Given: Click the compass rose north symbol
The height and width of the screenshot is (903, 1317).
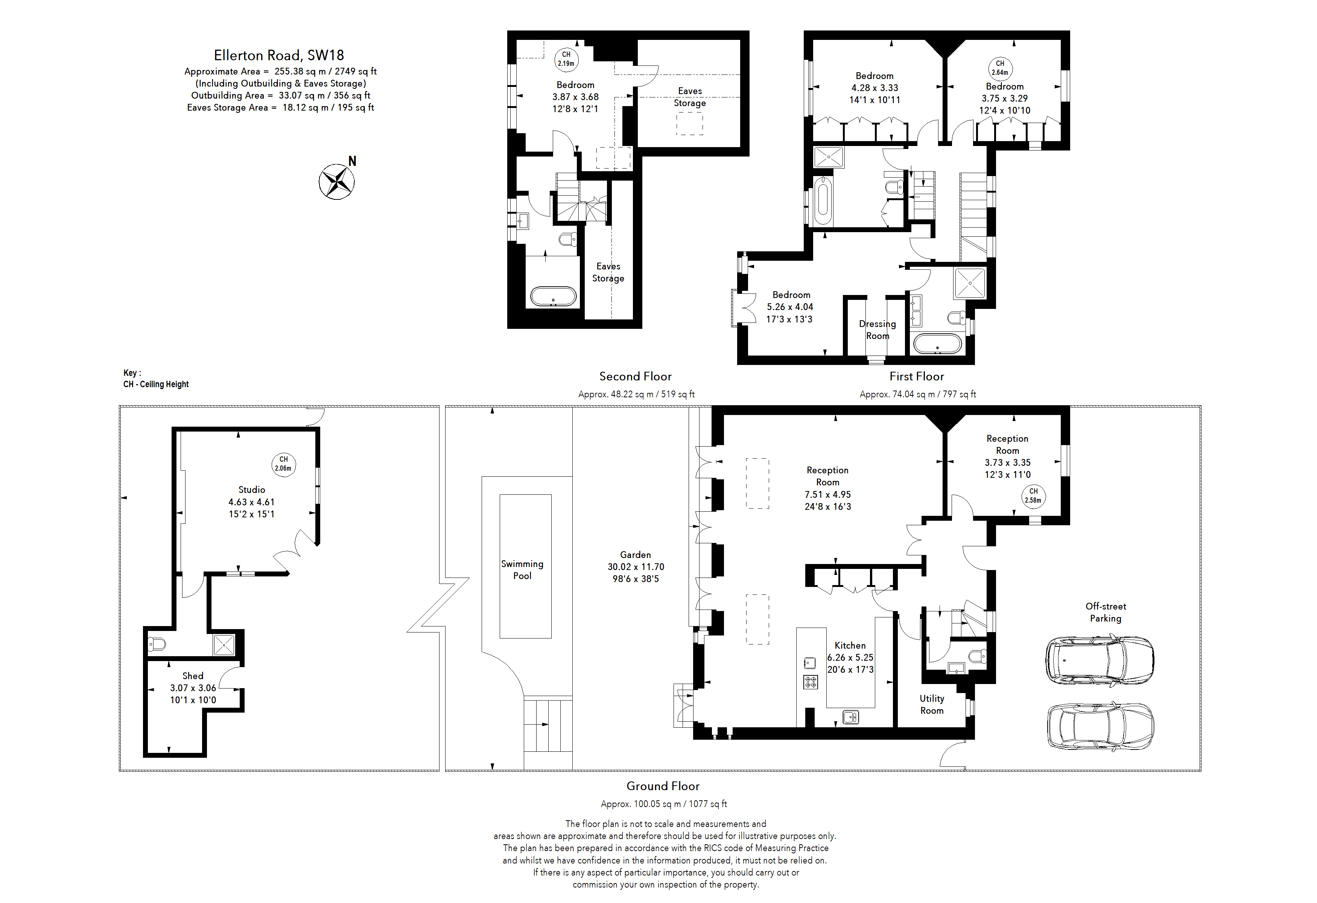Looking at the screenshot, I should tap(337, 181).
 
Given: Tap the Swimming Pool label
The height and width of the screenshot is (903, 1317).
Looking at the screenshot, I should tap(522, 569).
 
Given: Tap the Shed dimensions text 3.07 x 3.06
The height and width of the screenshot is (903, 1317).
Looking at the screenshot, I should tap(193, 688).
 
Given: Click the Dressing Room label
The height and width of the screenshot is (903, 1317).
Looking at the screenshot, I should tap(877, 330).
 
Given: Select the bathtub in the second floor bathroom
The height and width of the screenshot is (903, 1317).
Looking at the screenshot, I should tap(553, 296).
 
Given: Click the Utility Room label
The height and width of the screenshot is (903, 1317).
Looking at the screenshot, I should tap(932, 704).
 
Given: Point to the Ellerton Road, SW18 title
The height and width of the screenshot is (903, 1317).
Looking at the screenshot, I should tap(279, 55).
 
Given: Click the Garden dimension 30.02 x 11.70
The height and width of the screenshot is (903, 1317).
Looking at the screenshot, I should tap(635, 567).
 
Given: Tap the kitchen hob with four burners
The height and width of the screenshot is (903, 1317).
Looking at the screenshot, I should tap(811, 682).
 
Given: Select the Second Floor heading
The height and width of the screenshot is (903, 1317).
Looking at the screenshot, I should tap(635, 376).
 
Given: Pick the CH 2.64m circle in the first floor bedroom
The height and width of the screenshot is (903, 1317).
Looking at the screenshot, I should tap(1000, 68).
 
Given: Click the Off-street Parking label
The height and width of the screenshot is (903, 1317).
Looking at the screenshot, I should tap(1105, 612).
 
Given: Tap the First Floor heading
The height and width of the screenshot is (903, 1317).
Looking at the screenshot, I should tap(916, 376).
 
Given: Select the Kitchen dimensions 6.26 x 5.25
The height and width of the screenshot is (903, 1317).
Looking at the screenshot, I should tap(850, 657).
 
